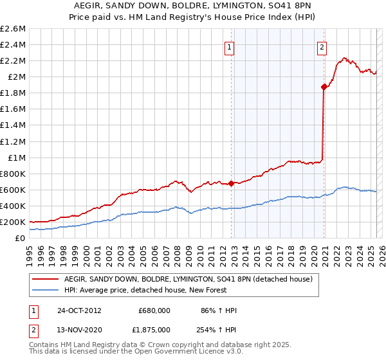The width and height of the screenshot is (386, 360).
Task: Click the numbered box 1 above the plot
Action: click(230, 46)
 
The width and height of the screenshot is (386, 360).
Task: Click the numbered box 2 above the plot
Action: click(321, 46)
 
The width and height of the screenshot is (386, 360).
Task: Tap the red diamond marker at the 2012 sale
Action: click(231, 183)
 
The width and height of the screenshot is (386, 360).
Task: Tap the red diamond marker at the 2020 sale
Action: click(324, 87)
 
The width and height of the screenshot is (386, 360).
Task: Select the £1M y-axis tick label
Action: click(15, 157)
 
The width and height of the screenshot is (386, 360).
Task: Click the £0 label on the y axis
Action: click(21, 238)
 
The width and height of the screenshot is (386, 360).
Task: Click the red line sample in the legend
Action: click(45, 279)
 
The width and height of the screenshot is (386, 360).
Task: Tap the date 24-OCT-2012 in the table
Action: click(79, 310)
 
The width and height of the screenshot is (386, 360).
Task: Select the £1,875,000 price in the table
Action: click(154, 330)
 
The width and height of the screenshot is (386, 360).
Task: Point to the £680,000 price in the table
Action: click(154, 310)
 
